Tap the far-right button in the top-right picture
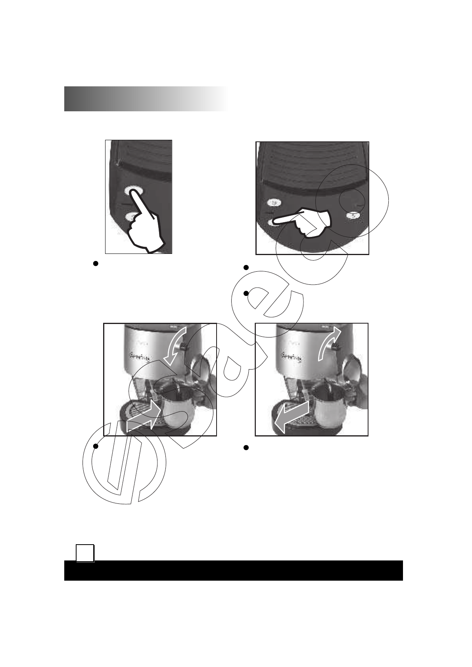pos(353,215)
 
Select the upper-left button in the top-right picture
pos(274,203)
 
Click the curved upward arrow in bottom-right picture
pos(329,344)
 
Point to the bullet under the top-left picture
pos(96,263)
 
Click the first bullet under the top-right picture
pos(246,268)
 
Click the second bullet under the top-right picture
pos(246,293)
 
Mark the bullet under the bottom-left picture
pos(96,446)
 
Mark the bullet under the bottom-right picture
pos(246,448)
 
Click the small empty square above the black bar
pos(85,553)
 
